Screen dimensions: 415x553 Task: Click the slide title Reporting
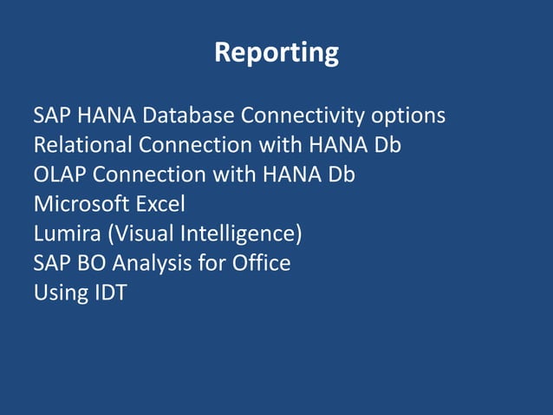tap(276, 53)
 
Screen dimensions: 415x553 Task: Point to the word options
tap(408, 115)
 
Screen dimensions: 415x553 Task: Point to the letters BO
tap(91, 263)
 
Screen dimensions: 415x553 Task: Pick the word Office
tap(261, 263)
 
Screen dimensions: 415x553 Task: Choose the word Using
tap(56, 293)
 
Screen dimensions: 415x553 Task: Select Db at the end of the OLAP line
tap(341, 175)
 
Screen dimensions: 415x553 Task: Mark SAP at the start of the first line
tap(51, 115)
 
